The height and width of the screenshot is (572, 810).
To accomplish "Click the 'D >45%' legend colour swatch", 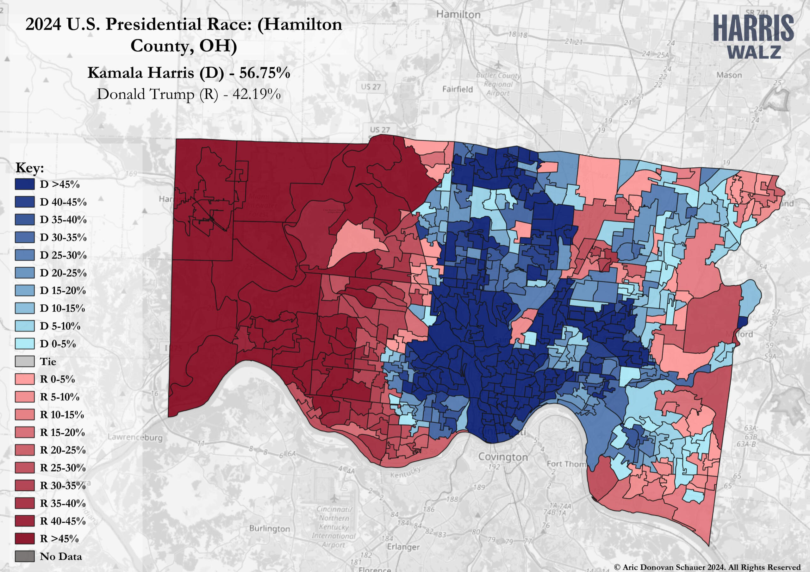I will [25, 184].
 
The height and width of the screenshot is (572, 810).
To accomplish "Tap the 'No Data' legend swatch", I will [25, 556].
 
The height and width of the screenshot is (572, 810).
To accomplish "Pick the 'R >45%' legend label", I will [59, 538].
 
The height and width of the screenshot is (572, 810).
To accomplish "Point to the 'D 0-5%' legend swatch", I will [25, 344].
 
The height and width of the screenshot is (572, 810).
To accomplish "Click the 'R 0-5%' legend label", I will [58, 379].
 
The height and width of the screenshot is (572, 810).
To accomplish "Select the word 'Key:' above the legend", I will [30, 168].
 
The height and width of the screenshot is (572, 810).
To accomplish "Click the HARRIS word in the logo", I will [753, 28].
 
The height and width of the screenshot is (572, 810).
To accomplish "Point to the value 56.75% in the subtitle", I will [265, 73].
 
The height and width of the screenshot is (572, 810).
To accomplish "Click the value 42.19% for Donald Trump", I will [257, 94].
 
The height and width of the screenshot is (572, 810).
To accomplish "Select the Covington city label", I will [503, 457].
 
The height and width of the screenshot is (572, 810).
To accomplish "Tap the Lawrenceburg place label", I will [135, 437].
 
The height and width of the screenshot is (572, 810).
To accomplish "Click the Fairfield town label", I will [457, 89].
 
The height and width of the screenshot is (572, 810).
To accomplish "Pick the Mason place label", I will [729, 75].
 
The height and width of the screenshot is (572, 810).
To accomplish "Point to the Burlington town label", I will [270, 528].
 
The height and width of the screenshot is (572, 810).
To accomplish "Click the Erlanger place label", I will [403, 547].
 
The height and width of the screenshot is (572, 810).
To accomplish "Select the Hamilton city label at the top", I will [458, 15].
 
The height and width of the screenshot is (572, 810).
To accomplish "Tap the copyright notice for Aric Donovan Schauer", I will [707, 567].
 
